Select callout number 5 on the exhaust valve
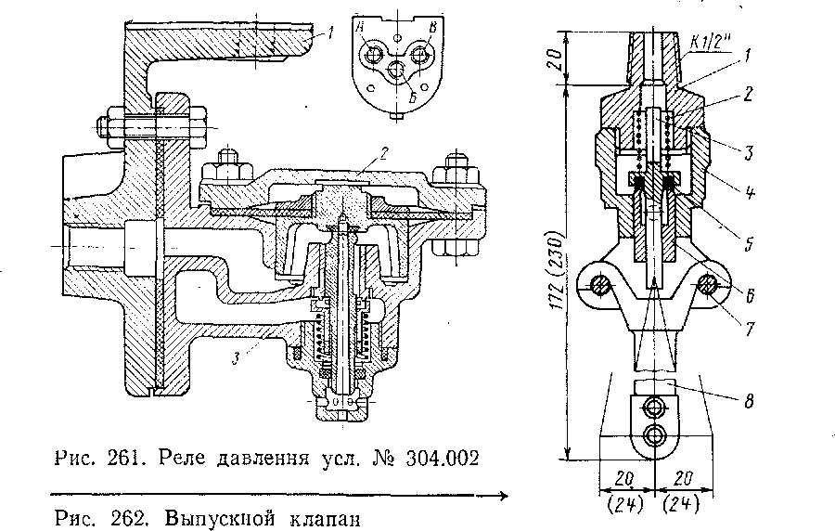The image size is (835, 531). click(747, 246)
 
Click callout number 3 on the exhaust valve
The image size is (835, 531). click(747, 146)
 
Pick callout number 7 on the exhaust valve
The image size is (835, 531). click(747, 328)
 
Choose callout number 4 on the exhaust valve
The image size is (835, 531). click(747, 195)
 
